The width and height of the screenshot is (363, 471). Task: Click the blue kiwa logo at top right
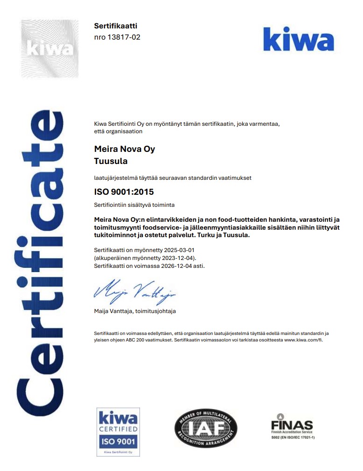(x=298, y=39)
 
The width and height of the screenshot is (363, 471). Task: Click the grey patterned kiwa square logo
(x=50, y=48)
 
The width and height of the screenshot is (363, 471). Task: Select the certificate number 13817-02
(x=124, y=37)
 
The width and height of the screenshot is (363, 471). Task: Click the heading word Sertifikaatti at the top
(x=116, y=26)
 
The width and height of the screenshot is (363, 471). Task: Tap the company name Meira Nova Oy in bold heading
(x=125, y=149)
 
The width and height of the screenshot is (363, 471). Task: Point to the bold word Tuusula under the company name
(x=111, y=161)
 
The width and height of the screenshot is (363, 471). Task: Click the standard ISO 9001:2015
(x=124, y=191)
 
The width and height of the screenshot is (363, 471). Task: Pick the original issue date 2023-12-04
(x=179, y=258)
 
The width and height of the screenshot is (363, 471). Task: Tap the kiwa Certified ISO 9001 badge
(x=118, y=432)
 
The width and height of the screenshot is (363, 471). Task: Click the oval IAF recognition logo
(x=206, y=427)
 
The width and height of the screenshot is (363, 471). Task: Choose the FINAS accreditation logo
(x=292, y=426)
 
